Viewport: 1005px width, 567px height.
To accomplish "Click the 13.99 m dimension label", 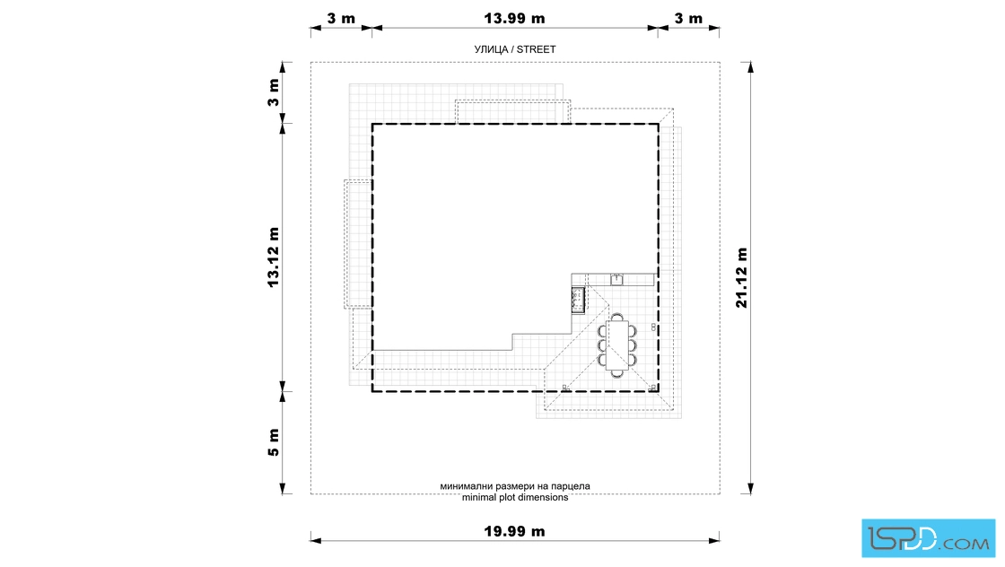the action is pos(514,18).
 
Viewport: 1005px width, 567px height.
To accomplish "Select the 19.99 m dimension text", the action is pos(514,531).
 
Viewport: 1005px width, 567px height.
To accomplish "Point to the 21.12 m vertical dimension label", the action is pos(741,277).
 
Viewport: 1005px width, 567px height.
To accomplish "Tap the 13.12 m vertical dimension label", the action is pos(274,257).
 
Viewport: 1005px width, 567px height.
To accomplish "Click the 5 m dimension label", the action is pos(274,442).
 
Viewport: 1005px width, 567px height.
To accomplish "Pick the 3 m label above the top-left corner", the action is pos(341,18).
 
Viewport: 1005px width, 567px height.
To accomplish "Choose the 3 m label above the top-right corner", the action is pos(688,18).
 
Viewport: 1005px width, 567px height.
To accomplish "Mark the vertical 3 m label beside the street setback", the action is pos(274,93).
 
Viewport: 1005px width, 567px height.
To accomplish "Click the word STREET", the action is pos(537,49).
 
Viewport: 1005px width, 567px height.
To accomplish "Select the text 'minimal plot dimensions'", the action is pos(515,497).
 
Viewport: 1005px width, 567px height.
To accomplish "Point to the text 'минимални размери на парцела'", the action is pos(515,486).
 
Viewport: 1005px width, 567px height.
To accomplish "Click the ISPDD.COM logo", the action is pos(928,538).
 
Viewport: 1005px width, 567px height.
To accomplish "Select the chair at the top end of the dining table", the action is pos(617,317).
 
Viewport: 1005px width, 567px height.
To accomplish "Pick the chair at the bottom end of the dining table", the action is pos(617,373).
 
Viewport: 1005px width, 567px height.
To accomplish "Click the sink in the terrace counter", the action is pos(616,279).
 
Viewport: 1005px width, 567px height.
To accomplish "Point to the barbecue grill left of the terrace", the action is pos(578,300).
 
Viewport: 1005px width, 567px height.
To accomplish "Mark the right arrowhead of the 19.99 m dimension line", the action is pos(714,541).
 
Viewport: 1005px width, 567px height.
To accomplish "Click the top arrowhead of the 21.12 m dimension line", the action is pos(750,67).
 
